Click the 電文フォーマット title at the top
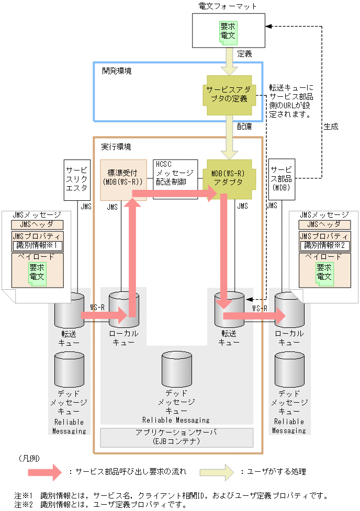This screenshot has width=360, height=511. [x=228, y=6]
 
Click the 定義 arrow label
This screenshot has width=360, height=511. [x=245, y=53]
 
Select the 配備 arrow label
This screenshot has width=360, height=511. [x=244, y=127]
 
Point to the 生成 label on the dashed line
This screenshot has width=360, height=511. [x=331, y=127]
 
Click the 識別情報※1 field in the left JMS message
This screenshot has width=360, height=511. [x=37, y=246]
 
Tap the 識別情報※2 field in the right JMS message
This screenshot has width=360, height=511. [x=324, y=246]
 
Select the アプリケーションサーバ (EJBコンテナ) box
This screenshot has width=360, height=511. [x=176, y=437]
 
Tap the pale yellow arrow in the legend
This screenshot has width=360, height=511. [x=217, y=471]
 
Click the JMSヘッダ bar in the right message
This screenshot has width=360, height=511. [x=324, y=224]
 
